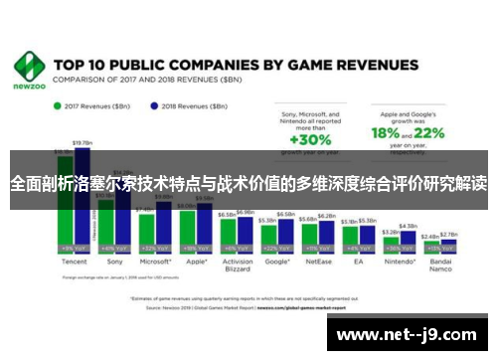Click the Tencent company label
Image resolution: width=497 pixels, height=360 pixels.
73,262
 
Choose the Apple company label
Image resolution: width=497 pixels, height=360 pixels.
195,262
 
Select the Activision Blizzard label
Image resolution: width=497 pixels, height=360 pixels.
237,267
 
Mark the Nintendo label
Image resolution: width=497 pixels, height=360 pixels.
398,262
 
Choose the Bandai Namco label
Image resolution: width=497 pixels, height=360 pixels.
438,267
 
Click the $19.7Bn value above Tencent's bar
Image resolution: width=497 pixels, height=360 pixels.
83,142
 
